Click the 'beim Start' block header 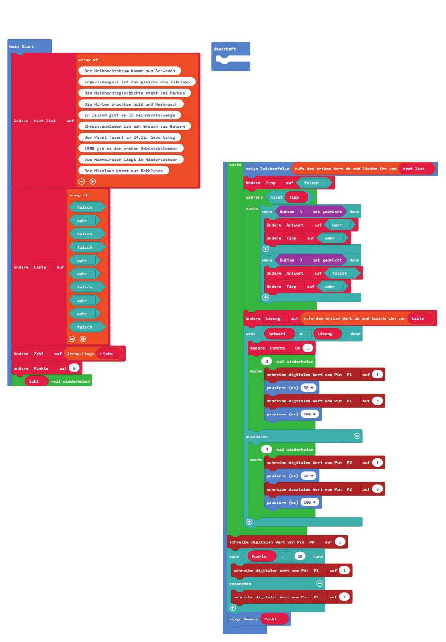pyautogui.click(x=22, y=46)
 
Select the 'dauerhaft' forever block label pyautogui.click(x=224, y=49)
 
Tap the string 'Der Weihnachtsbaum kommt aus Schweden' pyautogui.click(x=130, y=71)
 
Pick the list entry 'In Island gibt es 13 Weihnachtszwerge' pyautogui.click(x=130, y=115)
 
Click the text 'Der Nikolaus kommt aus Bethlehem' pyautogui.click(x=123, y=171)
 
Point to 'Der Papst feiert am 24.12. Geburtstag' pyautogui.click(x=130, y=137)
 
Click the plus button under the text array pyautogui.click(x=92, y=181)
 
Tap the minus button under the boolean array pyautogui.click(x=72, y=339)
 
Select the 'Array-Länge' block pyautogui.click(x=80, y=354)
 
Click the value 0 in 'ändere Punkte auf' pyautogui.click(x=74, y=368)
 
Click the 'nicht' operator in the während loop pyautogui.click(x=276, y=197)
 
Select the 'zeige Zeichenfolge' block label pyautogui.click(x=267, y=169)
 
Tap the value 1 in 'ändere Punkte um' pyautogui.click(x=308, y=348)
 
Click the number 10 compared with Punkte pyautogui.click(x=300, y=556)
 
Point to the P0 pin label pyautogui.click(x=312, y=542)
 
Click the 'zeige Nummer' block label pyautogui.click(x=243, y=619)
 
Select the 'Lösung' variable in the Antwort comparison pyautogui.click(x=324, y=334)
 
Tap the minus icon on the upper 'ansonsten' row pyautogui.click(x=357, y=436)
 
